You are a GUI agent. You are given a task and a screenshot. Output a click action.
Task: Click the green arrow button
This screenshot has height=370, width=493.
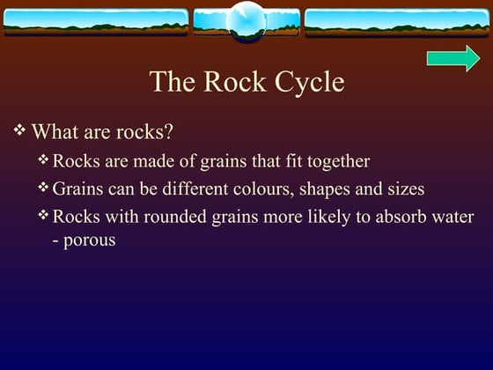pyautogui.click(x=453, y=59)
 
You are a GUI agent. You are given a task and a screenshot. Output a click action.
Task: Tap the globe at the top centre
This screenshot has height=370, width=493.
pyautogui.click(x=246, y=21)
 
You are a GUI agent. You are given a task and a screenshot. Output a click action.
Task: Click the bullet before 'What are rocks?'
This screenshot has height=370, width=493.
pyautogui.click(x=20, y=131)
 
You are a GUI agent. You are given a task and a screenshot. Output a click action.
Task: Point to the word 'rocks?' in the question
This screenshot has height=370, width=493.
pyautogui.click(x=145, y=133)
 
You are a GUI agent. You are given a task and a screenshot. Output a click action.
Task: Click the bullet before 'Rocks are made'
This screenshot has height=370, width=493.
pyautogui.click(x=44, y=160)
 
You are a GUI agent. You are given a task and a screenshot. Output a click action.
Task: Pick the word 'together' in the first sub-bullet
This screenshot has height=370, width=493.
pyautogui.click(x=339, y=161)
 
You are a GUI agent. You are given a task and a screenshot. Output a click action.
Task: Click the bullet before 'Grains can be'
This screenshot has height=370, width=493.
pyautogui.click(x=44, y=188)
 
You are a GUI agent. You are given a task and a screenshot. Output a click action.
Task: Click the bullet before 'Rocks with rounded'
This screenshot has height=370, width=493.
pyautogui.click(x=44, y=215)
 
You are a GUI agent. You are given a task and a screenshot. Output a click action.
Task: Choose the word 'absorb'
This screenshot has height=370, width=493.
pyautogui.click(x=379, y=217)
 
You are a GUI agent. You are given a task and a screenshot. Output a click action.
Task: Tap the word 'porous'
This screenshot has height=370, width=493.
pyautogui.click(x=90, y=239)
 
